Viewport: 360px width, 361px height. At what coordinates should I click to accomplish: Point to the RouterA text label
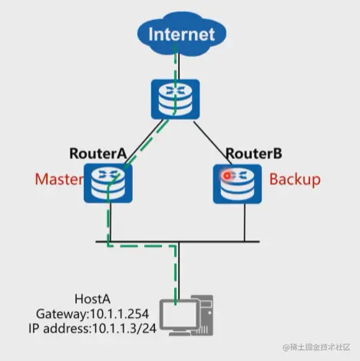coord(97,152)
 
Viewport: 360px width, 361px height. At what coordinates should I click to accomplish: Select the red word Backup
coord(295,180)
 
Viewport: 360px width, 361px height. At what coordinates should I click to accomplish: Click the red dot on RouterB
coord(227,175)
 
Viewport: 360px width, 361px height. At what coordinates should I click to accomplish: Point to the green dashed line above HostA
coord(179,273)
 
